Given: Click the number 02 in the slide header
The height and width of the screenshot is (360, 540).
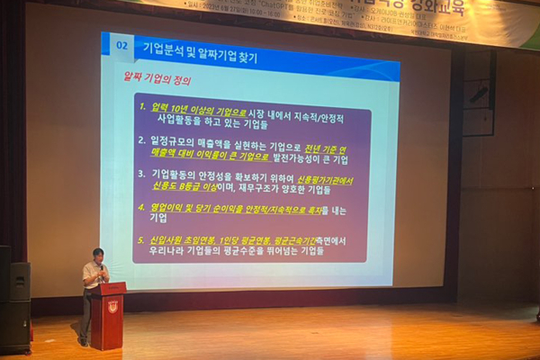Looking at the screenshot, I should pyautogui.click(x=124, y=44).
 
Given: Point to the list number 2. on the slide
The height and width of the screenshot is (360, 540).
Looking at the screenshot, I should pyautogui.click(x=142, y=141).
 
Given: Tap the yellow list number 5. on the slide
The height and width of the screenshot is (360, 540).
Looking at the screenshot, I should pyautogui.click(x=142, y=240).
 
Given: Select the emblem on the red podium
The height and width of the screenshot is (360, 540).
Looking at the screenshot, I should pyautogui.click(x=112, y=306).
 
